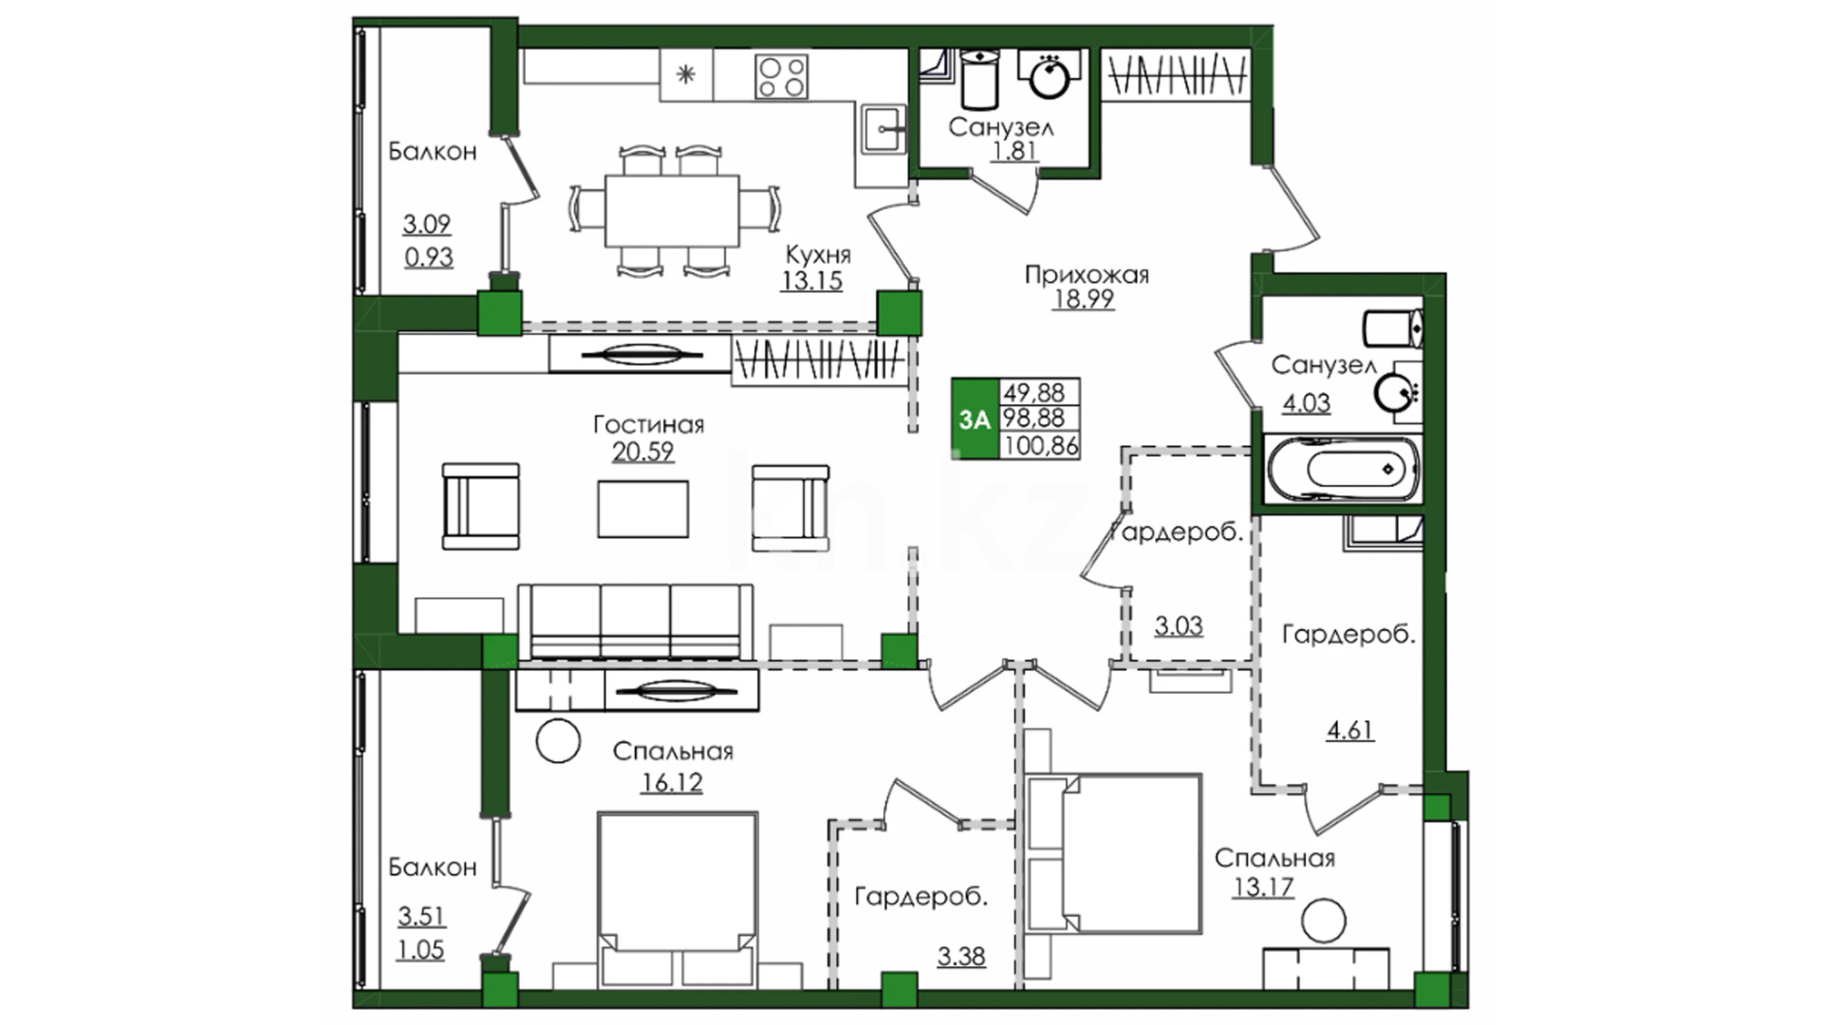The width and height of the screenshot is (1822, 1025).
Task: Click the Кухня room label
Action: [818, 254]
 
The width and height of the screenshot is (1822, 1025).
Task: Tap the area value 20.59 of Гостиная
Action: [642, 452]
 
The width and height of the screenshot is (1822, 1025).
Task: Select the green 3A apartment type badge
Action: [975, 419]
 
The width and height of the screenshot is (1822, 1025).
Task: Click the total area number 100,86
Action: [1040, 444]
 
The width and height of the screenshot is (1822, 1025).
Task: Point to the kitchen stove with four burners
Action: [782, 76]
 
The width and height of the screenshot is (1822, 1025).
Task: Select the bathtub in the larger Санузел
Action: [1342, 469]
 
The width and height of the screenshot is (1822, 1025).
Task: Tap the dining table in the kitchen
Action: [673, 210]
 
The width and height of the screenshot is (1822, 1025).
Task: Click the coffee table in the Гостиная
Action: [643, 509]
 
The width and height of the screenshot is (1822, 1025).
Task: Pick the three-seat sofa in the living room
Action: [636, 622]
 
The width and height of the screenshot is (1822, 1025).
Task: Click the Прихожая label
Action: [1087, 275]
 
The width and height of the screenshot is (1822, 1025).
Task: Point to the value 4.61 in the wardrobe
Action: [1349, 730]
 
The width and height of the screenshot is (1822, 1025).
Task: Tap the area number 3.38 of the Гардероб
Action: [961, 956]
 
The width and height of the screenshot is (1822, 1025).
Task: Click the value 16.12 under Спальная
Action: [671, 782]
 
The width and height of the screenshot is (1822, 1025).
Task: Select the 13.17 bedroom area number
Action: [1263, 888]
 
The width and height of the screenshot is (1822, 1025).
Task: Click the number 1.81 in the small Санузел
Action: [1013, 151]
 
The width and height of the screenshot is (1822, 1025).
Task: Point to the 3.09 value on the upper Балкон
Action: [426, 224]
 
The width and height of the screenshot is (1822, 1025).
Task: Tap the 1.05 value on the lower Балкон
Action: [420, 949]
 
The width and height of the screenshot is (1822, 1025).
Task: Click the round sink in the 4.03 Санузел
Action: [1395, 391]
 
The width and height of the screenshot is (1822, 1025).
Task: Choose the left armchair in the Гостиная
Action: [481, 507]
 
